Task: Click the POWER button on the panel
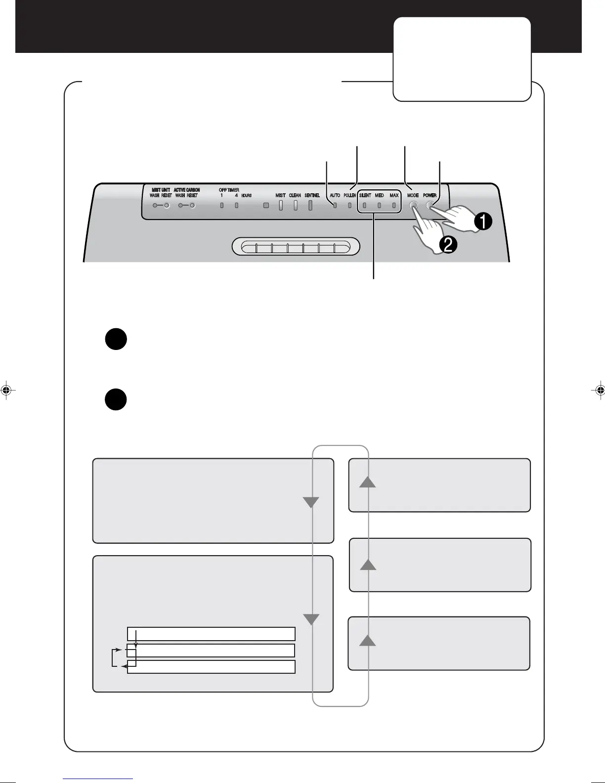click(x=430, y=205)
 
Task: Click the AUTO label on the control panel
click(x=335, y=195)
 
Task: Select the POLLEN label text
click(x=349, y=195)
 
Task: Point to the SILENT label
click(x=365, y=195)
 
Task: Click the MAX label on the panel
click(x=394, y=195)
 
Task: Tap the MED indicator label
click(x=379, y=195)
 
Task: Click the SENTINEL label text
click(x=312, y=195)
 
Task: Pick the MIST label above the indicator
click(x=280, y=195)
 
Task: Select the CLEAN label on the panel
click(x=295, y=195)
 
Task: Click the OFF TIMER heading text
click(x=229, y=190)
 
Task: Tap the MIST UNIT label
click(x=161, y=190)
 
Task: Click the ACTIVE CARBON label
click(x=187, y=190)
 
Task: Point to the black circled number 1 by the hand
click(x=482, y=222)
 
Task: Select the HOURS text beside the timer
click(x=246, y=196)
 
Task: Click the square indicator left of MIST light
click(x=266, y=205)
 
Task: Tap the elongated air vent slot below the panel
click(x=296, y=247)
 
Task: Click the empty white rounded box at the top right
click(x=462, y=59)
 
